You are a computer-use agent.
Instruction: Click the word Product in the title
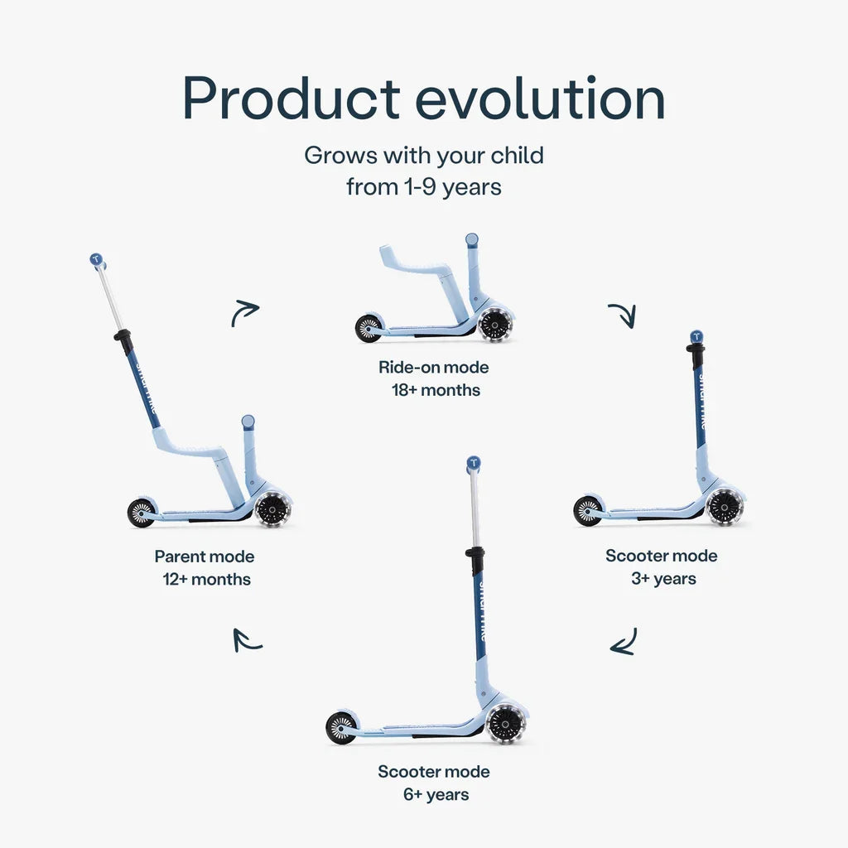[x=291, y=99]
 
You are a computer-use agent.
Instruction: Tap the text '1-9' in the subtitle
[x=420, y=187]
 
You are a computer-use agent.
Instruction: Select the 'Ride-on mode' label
[x=434, y=367]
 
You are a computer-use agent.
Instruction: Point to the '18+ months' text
[x=436, y=390]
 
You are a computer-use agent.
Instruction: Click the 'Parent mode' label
[x=205, y=556]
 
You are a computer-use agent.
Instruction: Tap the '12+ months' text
[x=206, y=579]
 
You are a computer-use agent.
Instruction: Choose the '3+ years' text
[x=663, y=579]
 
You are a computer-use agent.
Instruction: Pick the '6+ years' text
[x=436, y=794]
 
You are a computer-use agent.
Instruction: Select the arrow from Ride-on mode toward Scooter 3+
[x=624, y=314]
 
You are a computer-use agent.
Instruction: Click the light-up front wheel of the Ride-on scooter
[x=494, y=325]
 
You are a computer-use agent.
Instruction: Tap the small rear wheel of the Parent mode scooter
[x=141, y=513]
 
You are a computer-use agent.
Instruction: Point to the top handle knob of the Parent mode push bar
[x=96, y=259]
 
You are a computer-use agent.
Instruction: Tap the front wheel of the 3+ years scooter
[x=724, y=508]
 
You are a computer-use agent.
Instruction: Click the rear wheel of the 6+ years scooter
[x=341, y=727]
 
